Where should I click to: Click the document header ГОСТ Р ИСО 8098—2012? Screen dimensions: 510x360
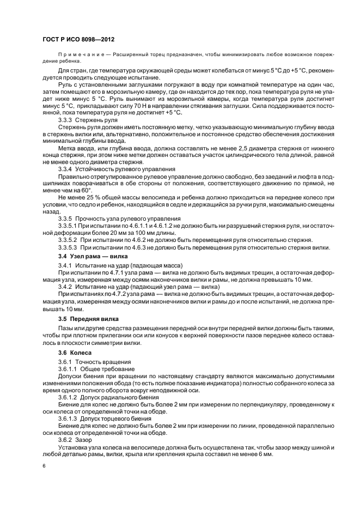pos(78,39)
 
